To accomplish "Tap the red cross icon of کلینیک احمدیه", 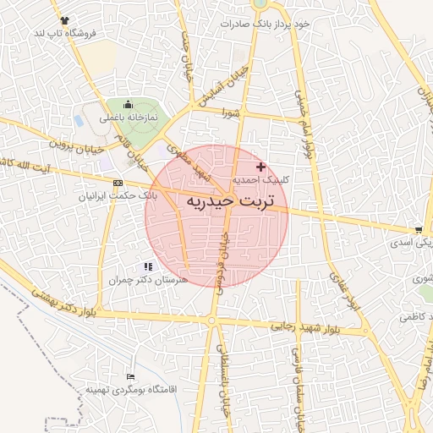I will (260, 167).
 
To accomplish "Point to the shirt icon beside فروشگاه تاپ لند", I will (65, 19).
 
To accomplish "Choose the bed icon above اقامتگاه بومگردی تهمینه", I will (129, 376).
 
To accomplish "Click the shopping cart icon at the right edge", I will (419, 230).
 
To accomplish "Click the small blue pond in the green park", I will (79, 121).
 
